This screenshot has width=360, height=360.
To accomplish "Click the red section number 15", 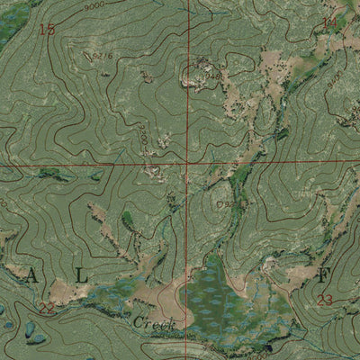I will (47, 29).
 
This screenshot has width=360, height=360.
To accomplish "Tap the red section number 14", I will (329, 22).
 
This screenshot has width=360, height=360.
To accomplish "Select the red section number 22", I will (46, 308).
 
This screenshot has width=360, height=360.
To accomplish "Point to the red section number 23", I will (326, 300).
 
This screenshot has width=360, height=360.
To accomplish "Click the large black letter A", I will (32, 276).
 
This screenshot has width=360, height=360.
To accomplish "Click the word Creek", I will (150, 321).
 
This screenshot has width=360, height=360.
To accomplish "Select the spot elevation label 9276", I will (103, 58).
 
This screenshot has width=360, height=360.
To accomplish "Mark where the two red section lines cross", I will (188, 165).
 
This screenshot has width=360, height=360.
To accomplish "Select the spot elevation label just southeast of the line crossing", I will (220, 205).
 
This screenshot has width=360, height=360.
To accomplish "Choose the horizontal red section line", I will (90, 166).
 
